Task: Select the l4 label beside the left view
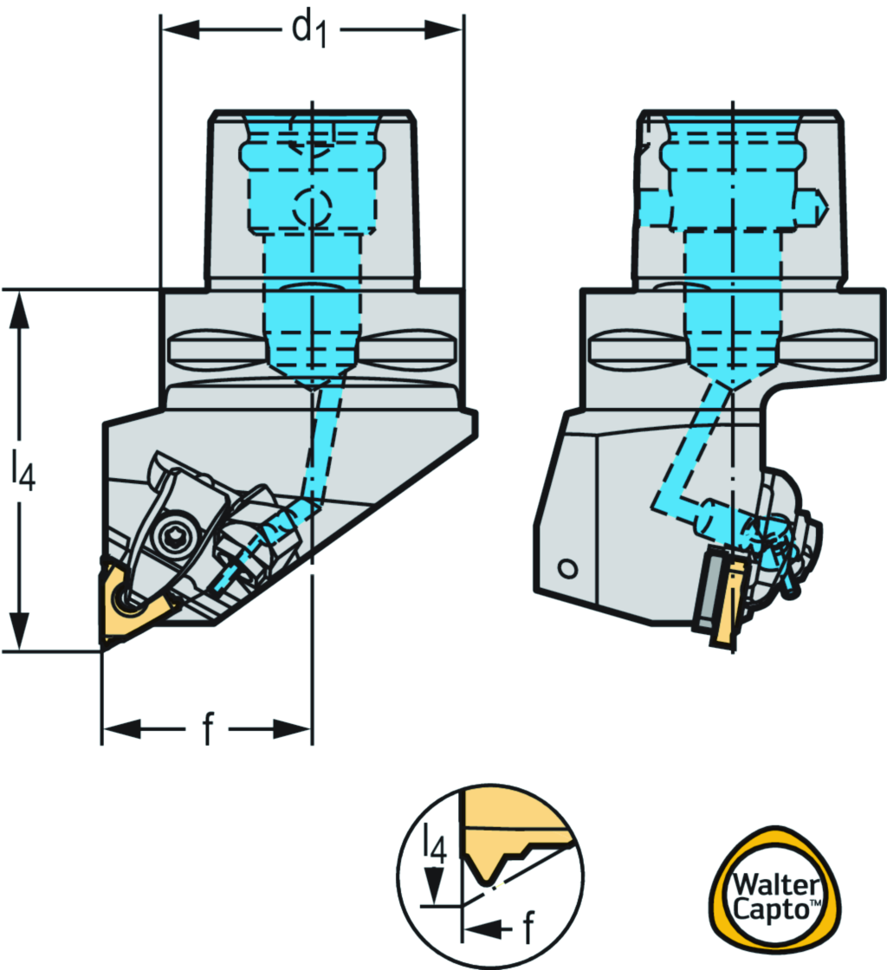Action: tap(23, 469)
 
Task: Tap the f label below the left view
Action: tap(207, 730)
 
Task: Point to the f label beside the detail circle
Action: tap(528, 929)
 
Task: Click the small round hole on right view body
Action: tap(567, 568)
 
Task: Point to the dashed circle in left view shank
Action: tap(312, 207)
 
